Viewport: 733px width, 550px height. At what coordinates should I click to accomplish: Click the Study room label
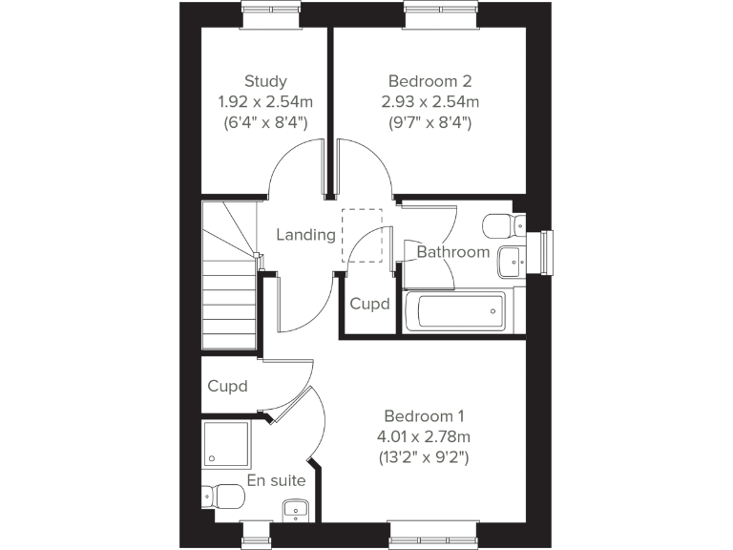[x=265, y=81]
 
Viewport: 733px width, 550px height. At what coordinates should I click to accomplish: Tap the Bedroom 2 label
[x=429, y=81]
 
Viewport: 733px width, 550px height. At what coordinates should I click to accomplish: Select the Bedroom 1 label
[x=424, y=416]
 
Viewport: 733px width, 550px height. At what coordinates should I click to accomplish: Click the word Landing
[x=305, y=235]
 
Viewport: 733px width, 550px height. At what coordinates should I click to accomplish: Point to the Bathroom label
[x=452, y=252]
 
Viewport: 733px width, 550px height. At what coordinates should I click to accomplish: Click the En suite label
[x=276, y=480]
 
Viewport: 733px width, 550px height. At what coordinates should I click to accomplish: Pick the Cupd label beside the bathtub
[x=369, y=305]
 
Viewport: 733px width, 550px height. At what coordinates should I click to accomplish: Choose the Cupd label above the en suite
[x=228, y=387]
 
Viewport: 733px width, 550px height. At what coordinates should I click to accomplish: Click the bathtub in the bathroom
[x=454, y=311]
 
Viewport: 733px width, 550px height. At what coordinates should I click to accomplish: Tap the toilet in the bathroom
[x=500, y=226]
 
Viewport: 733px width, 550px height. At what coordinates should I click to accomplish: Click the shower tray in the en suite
[x=228, y=443]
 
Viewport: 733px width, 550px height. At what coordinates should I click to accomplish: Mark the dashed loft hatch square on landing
[x=362, y=235]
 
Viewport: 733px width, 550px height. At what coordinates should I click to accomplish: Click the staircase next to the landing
[x=229, y=277]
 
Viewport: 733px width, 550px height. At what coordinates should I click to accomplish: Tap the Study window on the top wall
[x=270, y=13]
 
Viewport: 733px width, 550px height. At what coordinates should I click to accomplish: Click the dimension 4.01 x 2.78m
[x=424, y=436]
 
